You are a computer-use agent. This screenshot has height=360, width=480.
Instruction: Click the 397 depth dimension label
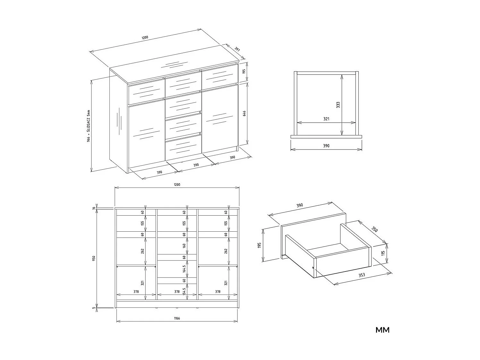click(237, 49)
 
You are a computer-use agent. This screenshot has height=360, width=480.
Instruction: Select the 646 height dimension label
click(244, 114)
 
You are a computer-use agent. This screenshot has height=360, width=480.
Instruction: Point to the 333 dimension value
click(338, 105)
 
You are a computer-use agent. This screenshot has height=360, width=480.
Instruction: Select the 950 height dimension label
click(94, 258)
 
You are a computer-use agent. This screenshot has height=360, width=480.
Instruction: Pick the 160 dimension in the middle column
click(184, 246)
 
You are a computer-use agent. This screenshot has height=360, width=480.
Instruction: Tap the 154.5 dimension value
click(184, 291)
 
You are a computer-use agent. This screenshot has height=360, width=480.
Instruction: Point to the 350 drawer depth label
click(374, 229)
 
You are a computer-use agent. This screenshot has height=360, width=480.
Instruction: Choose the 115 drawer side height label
click(383, 253)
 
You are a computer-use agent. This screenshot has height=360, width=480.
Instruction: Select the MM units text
click(382, 330)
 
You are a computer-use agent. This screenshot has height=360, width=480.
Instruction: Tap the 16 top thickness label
click(94, 208)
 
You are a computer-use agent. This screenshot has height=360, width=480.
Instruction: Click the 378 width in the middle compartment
click(177, 292)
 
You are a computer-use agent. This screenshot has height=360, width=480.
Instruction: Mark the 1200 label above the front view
click(177, 184)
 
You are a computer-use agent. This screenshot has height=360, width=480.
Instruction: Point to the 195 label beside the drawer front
click(260, 245)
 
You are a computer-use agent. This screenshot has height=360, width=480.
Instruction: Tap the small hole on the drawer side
click(313, 268)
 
